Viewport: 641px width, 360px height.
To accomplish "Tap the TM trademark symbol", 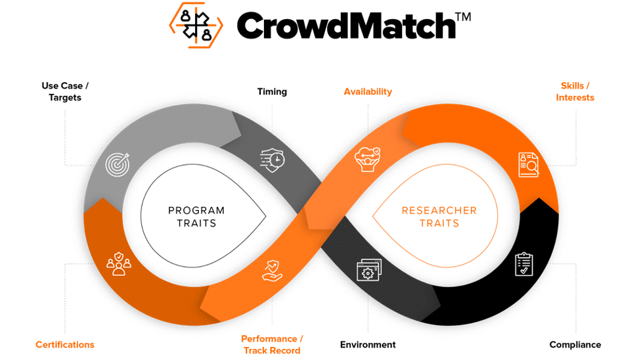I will [462, 18].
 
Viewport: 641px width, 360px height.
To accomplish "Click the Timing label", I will [272, 92].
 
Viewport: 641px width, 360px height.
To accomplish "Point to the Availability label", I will [368, 92].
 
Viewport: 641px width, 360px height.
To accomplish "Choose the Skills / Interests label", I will [575, 91].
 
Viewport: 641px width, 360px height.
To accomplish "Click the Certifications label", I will [65, 344].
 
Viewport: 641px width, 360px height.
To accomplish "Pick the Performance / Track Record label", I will [271, 344].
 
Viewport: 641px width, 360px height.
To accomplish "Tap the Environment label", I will [368, 344].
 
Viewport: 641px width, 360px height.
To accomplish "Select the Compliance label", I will [575, 344].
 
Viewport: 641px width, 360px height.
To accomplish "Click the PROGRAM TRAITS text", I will [196, 217].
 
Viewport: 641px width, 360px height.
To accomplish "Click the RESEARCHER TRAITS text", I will [439, 217].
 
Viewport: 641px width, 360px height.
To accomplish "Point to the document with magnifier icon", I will [529, 165].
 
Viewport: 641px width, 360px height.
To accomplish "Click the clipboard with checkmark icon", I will [524, 263].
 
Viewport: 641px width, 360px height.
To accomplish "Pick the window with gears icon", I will [368, 270].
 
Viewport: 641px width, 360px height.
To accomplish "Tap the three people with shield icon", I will [119, 262].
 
